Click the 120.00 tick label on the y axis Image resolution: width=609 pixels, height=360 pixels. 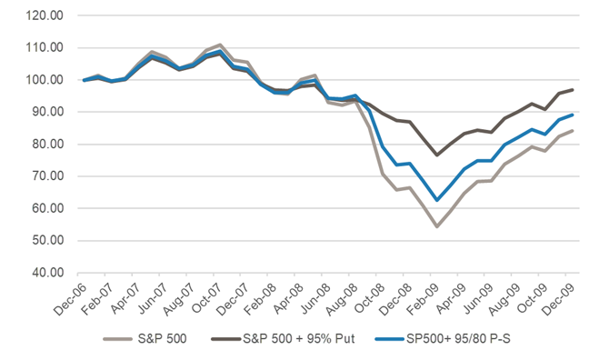pos(45,15)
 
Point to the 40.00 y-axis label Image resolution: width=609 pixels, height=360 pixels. pos(47,273)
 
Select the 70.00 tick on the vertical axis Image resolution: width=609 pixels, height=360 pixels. pos(47,176)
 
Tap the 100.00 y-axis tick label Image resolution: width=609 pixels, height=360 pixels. pos(45,80)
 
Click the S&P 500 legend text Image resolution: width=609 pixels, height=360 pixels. pos(162,339)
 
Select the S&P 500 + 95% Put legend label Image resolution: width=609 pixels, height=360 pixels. pos(299,339)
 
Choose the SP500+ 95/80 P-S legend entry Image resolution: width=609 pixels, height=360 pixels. pos(458,339)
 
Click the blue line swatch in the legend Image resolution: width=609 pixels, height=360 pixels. pos(390,339)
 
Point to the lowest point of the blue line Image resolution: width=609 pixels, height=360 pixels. pos(437,200)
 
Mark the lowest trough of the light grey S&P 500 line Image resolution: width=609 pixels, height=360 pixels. pos(437,226)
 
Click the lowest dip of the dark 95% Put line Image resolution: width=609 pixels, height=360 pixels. pos(437,155)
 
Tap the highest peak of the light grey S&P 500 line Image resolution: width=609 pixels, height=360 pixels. pos(220,45)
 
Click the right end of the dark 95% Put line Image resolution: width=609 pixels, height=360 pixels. pos(573,90)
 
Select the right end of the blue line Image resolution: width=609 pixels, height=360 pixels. pos(573,115)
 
